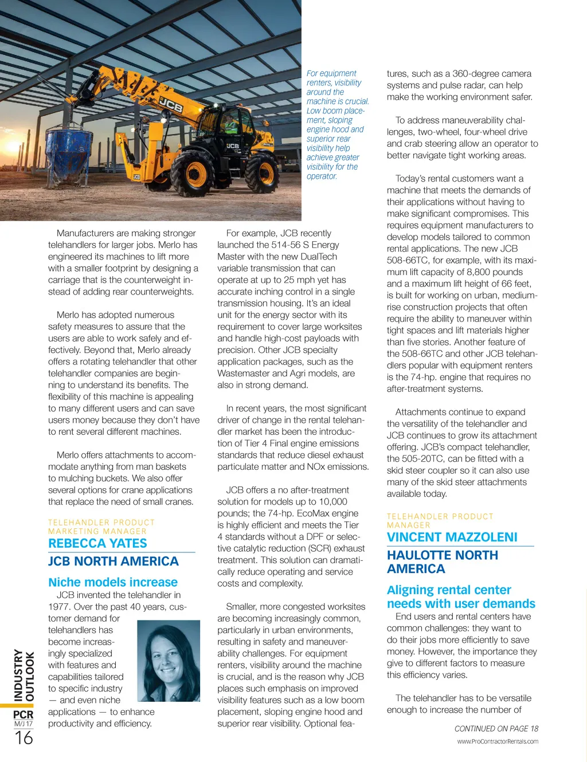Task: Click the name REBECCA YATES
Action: click(x=97, y=544)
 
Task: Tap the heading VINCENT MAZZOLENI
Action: click(x=452, y=537)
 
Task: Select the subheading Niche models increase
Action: click(x=113, y=582)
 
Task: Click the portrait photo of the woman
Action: click(x=169, y=661)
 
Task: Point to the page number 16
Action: click(x=24, y=738)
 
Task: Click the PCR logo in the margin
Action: click(x=24, y=714)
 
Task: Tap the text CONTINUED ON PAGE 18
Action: click(x=496, y=729)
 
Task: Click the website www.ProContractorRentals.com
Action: click(x=497, y=741)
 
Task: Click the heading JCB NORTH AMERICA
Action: click(x=113, y=561)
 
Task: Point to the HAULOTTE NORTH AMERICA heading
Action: click(x=443, y=562)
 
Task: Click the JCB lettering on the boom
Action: click(x=170, y=105)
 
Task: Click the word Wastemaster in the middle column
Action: click(x=246, y=374)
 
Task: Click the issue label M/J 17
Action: click(x=24, y=724)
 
